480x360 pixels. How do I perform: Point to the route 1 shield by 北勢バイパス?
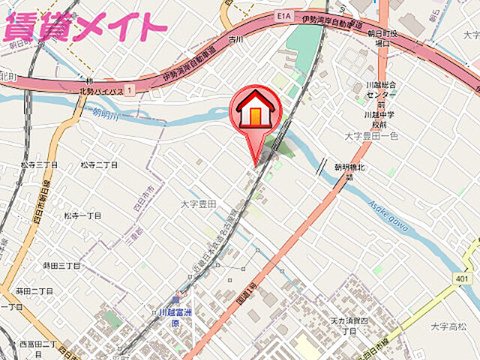point(130,90)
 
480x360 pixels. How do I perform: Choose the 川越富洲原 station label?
point(175,317)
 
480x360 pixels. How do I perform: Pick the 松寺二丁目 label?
point(99,164)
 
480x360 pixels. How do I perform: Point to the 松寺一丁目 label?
point(82,215)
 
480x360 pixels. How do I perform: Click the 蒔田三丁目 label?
point(61,265)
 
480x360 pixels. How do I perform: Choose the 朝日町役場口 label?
point(384,39)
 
